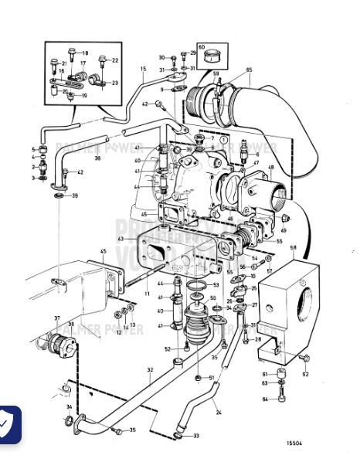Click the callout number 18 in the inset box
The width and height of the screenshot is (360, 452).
(x=85, y=53)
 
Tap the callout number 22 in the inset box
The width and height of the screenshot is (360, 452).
(x=115, y=59)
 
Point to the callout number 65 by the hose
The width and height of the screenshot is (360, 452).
(x=249, y=70)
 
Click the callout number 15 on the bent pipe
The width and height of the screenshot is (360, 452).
(x=143, y=70)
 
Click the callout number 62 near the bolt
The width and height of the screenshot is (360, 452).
(x=304, y=374)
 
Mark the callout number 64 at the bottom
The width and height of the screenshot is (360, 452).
(x=263, y=399)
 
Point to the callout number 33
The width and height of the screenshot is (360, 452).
(x=196, y=436)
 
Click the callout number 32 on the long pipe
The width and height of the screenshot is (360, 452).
(x=150, y=370)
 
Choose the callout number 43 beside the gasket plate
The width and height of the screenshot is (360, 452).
(x=120, y=240)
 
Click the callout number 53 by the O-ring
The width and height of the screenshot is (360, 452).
(x=216, y=285)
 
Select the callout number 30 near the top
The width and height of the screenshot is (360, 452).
(x=162, y=57)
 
